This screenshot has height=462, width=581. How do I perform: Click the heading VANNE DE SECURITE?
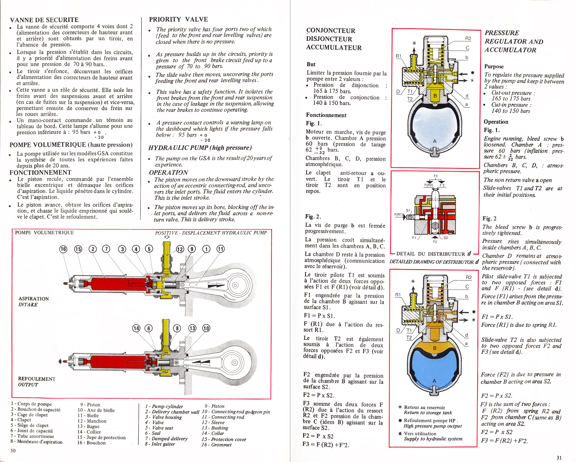[x=44, y=20]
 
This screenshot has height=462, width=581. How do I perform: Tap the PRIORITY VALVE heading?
[x=178, y=19]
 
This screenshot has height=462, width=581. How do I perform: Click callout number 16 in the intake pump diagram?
[x=63, y=249]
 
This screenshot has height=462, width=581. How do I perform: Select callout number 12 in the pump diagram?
[x=180, y=249]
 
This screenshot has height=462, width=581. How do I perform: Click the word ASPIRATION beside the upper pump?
[x=34, y=299]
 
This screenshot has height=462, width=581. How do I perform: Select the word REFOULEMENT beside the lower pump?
[x=37, y=379]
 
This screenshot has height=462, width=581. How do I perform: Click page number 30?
[x=13, y=451]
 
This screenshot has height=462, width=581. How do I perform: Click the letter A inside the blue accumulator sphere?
[x=434, y=381]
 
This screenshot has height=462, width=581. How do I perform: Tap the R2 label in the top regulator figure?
[x=468, y=39]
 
